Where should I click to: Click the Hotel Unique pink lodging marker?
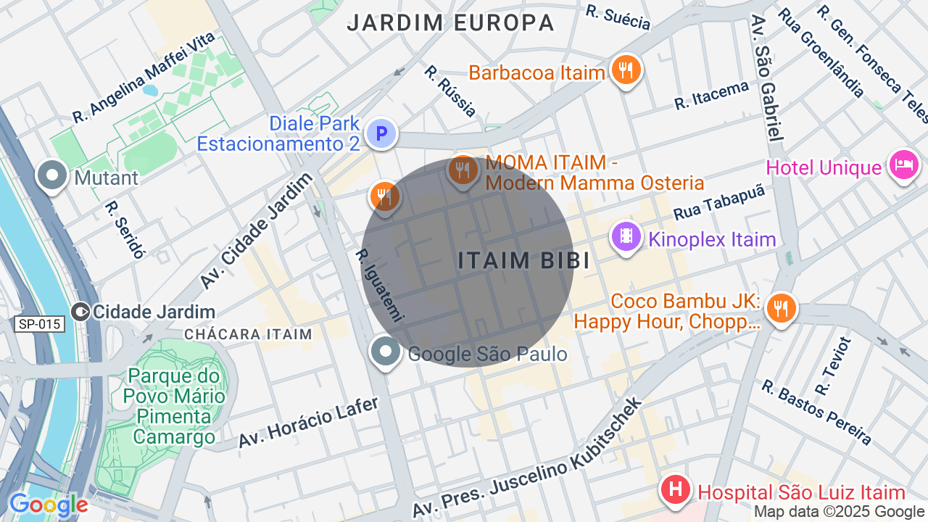pos(903,165)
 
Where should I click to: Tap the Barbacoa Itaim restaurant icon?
pos(626,70)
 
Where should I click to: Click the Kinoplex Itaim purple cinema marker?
pos(626,236)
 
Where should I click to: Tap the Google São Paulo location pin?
pos(386,352)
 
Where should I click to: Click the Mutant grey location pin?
pos(53,176)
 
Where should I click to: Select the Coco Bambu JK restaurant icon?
pos(781,308)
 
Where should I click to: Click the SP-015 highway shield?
pos(39,324)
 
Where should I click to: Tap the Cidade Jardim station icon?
pos(81,312)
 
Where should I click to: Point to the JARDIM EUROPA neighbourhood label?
pos(450,22)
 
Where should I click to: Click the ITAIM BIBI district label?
pos(523,261)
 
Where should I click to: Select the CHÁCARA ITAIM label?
pos(248,334)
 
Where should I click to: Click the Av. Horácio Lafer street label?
pos(309,423)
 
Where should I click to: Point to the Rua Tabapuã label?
pos(719,203)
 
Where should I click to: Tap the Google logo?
pos(48,505)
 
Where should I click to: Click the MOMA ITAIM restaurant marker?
pos(462,171)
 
